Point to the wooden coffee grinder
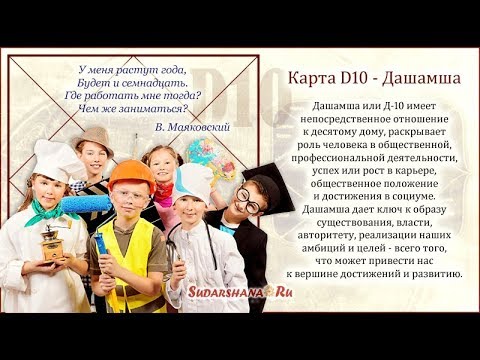(x=50, y=243)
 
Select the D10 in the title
(x=349, y=77)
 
